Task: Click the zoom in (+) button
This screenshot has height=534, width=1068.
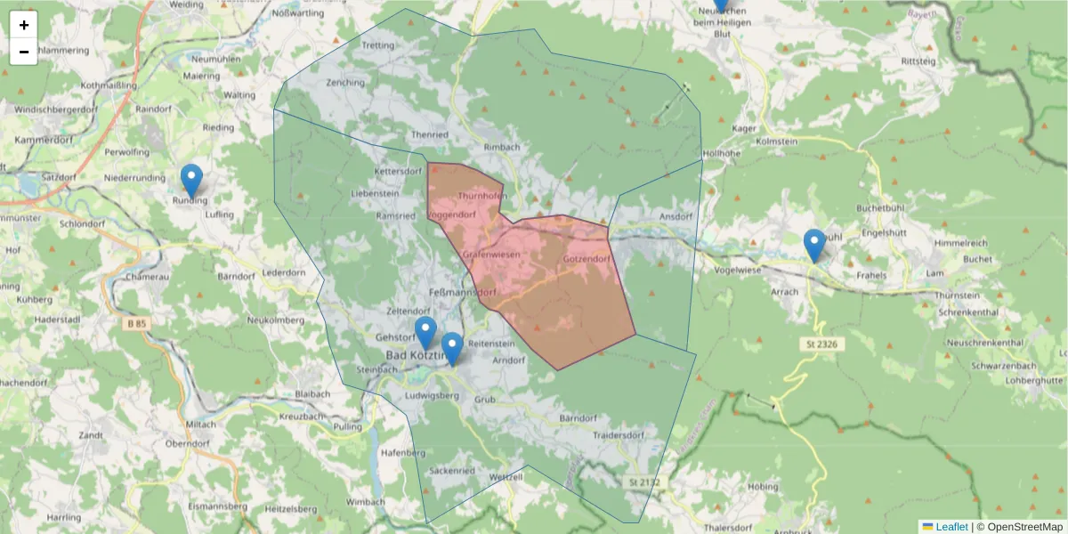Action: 24,25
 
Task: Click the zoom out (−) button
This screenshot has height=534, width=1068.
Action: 24,52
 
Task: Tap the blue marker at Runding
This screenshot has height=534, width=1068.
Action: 191,182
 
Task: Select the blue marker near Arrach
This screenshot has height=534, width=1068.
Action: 813,246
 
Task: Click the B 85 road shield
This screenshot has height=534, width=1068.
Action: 136,325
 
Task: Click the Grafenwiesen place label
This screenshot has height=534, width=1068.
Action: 490,255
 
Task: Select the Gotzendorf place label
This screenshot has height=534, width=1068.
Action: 587,259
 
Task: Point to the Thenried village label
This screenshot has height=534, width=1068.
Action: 430,134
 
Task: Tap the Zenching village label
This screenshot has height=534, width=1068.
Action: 345,83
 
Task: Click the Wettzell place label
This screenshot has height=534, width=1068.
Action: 506,478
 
